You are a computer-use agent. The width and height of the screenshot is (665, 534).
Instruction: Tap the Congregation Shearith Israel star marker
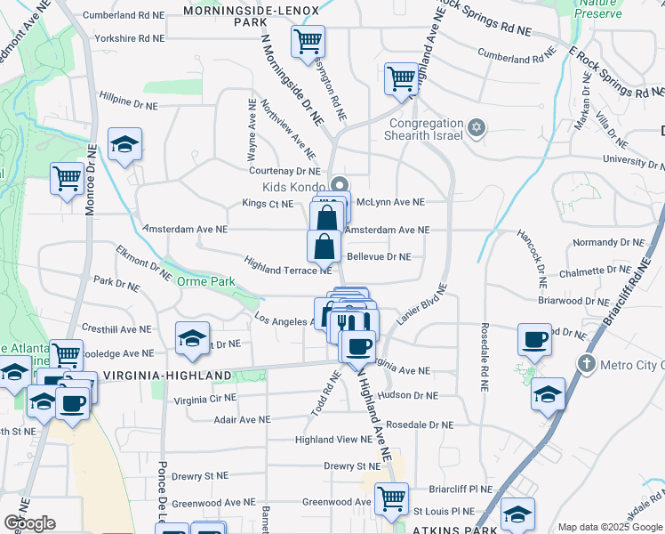pyautogui.click(x=477, y=129)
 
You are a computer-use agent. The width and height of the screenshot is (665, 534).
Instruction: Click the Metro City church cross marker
pyautogui.click(x=586, y=363)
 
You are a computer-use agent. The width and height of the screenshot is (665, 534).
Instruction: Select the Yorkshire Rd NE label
pyautogui.click(x=130, y=38)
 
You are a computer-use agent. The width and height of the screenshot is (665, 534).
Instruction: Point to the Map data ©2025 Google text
pyautogui.click(x=609, y=527)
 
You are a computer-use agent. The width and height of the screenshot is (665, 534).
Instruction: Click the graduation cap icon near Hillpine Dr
pyautogui.click(x=125, y=143)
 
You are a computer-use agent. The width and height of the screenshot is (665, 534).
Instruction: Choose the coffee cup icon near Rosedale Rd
pyautogui.click(x=535, y=338)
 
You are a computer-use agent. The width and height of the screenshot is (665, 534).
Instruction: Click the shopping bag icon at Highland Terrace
pyautogui.click(x=324, y=247)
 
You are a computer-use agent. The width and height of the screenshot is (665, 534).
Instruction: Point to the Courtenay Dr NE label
pyautogui.click(x=284, y=170)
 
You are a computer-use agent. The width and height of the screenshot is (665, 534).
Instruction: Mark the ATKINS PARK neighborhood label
pyautogui.click(x=454, y=530)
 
